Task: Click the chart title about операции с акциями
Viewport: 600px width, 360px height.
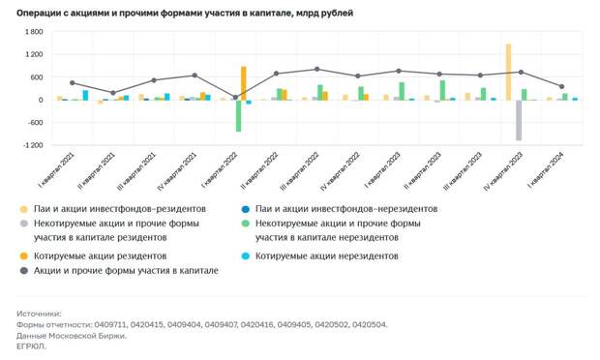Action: (x=184, y=14)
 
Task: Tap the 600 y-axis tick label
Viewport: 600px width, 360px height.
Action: (x=35, y=77)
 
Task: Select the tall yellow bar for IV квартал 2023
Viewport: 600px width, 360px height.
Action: (x=508, y=72)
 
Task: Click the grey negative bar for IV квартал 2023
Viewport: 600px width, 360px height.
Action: (x=519, y=120)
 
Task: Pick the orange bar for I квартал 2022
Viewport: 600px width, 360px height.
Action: (x=244, y=83)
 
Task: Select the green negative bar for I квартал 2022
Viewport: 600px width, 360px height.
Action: (x=238, y=115)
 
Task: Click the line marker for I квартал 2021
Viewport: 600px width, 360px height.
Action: (x=72, y=83)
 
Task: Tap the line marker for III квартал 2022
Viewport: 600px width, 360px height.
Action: (x=316, y=69)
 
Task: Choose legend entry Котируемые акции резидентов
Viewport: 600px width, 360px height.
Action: (x=101, y=255)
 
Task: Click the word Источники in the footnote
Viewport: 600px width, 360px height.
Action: (x=39, y=314)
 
